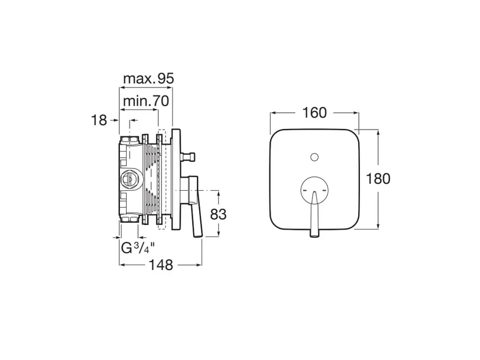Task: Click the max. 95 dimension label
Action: tap(148, 79)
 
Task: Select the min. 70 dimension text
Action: tap(146, 101)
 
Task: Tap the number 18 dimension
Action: tap(99, 120)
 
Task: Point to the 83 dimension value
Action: tap(218, 214)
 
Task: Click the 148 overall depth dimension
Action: tap(161, 265)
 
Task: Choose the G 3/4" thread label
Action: tap(137, 247)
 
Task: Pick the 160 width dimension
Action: tap(314, 113)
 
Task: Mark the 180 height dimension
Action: tap(378, 179)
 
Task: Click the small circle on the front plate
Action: tap(314, 157)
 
